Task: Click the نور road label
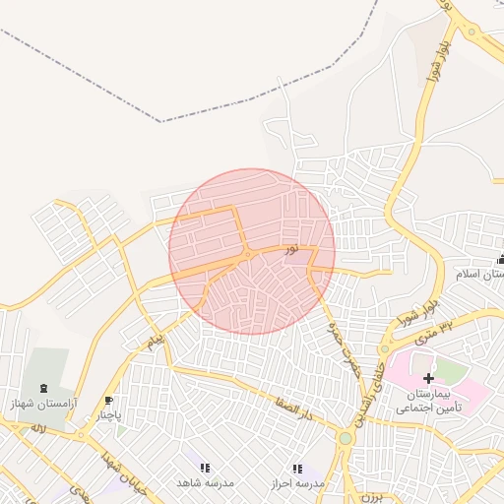[290, 250]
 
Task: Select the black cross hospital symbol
[428, 378]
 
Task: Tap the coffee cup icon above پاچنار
[108, 401]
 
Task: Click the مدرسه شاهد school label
[203, 483]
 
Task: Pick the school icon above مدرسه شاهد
[205, 469]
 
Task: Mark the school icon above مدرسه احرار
[297, 469]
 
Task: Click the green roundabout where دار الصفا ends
[346, 438]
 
